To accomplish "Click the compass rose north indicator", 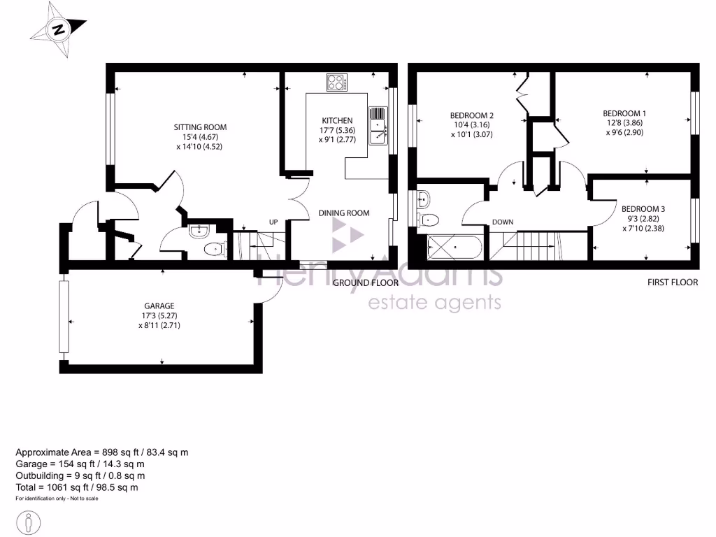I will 59,29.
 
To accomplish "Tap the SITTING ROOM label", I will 200,127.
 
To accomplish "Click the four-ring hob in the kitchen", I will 337,83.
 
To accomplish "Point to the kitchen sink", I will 378,127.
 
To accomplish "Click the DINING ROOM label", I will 343,213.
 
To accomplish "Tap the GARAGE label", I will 159,306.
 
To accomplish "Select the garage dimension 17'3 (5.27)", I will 159,315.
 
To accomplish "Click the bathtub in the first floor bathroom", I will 454,247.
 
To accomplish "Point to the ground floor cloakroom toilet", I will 214,248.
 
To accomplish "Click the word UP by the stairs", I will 274,222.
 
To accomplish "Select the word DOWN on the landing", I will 502,222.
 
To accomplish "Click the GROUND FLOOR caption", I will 365,283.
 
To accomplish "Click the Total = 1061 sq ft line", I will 77,487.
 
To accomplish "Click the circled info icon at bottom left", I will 28,522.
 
